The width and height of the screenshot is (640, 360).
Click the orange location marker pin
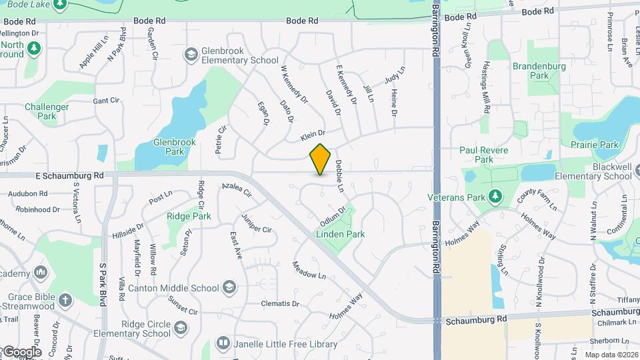321,159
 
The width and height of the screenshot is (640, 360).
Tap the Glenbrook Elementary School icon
191,54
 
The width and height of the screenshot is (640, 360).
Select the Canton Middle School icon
230,288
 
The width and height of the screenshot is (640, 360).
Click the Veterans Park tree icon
495,197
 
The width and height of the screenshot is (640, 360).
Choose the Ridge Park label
189,216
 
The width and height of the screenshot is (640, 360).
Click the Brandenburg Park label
539,71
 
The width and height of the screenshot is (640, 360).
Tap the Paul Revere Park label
485,155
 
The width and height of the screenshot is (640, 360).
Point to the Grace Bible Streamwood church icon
65,299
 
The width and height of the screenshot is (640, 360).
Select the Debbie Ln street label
339,176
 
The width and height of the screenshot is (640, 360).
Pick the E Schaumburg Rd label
69,175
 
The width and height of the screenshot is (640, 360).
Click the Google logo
21,351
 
